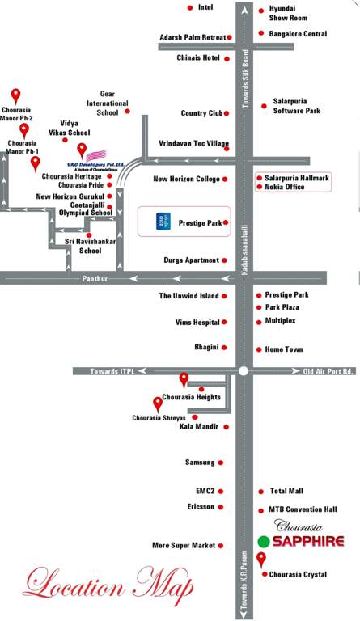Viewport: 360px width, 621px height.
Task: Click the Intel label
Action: pyautogui.click(x=205, y=7)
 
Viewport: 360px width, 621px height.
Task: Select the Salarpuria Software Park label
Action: pyautogui.click(x=296, y=105)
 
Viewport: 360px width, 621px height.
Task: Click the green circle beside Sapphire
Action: pyautogui.click(x=263, y=542)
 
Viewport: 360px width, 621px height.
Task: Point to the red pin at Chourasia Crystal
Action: pyautogui.click(x=260, y=559)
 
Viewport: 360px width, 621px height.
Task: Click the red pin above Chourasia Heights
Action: pyautogui.click(x=184, y=378)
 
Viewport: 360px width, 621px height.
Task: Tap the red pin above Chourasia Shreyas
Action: pyautogui.click(x=158, y=403)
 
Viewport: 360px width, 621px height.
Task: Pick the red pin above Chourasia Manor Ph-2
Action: pyautogui.click(x=15, y=95)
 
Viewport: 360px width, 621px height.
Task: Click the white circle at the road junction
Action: pyautogui.click(x=243, y=371)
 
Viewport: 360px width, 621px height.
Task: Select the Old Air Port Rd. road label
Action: pyautogui.click(x=328, y=371)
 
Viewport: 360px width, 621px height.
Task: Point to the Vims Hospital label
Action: pyautogui.click(x=197, y=323)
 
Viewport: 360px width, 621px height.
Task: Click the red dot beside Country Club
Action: pyautogui.click(x=227, y=114)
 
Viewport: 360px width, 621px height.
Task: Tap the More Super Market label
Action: pyautogui.click(x=184, y=546)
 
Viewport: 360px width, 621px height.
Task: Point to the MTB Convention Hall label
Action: pyautogui.click(x=302, y=510)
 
